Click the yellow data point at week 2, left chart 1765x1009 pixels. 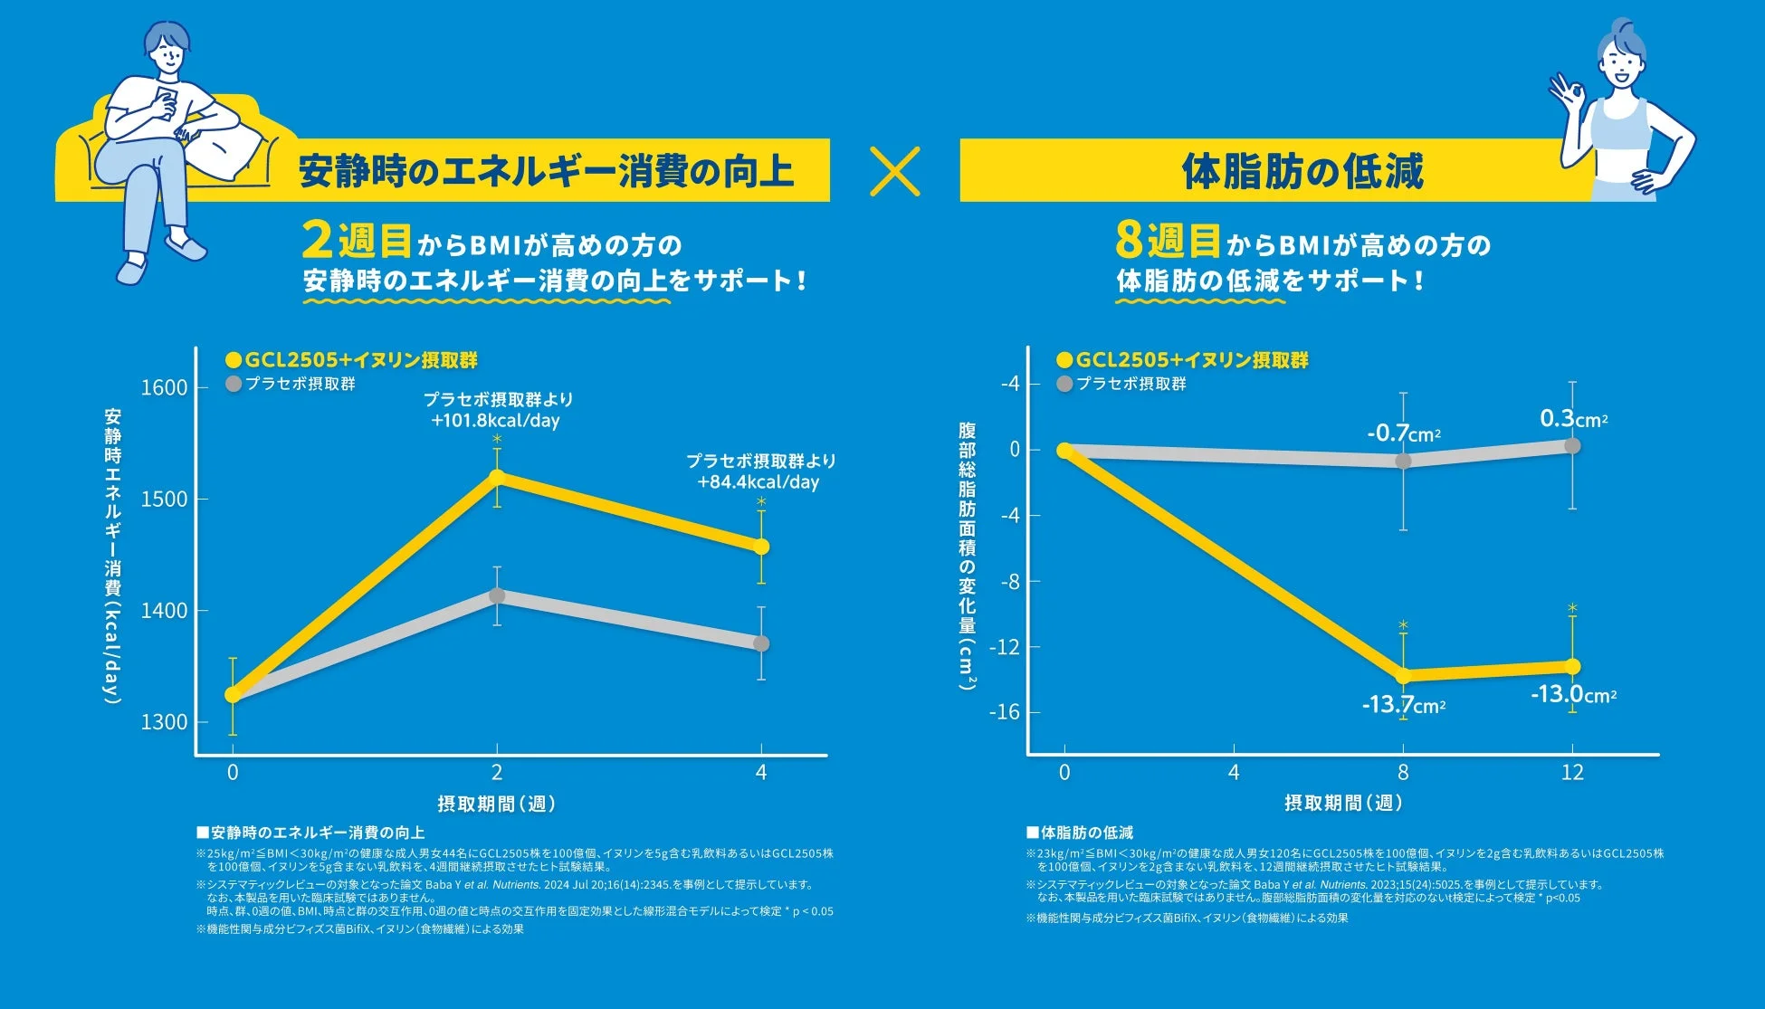pyautogui.click(x=497, y=477)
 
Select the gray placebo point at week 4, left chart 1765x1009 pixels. pyautogui.click(x=761, y=643)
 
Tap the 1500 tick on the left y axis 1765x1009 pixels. pyautogui.click(x=164, y=499)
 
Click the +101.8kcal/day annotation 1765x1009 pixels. pyautogui.click(x=496, y=421)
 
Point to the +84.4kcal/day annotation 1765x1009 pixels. pyautogui.click(x=758, y=482)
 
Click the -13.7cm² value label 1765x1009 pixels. pyautogui.click(x=1403, y=705)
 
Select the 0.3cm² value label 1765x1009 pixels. pyautogui.click(x=1573, y=419)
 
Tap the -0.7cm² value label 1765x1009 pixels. pyautogui.click(x=1403, y=433)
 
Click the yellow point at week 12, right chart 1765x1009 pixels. pyautogui.click(x=1572, y=667)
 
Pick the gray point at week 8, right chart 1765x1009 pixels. pyautogui.click(x=1403, y=461)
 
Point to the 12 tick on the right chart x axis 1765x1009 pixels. pyautogui.click(x=1572, y=773)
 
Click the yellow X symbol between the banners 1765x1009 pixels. pyautogui.click(x=894, y=172)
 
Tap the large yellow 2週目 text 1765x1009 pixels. pyautogui.click(x=357, y=243)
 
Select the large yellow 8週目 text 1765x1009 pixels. pyautogui.click(x=1168, y=243)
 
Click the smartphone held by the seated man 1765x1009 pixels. pyautogui.click(x=167, y=98)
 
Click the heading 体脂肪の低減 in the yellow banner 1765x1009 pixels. pyautogui.click(x=1302, y=172)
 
